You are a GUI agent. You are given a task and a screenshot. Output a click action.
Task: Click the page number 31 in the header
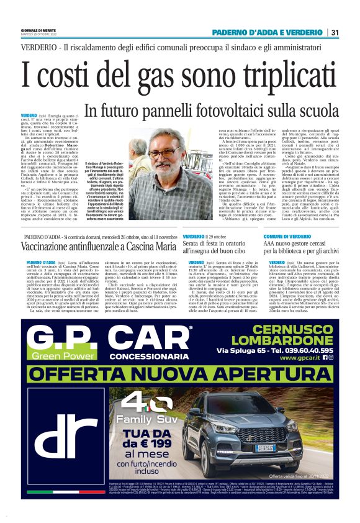click(x=335, y=32)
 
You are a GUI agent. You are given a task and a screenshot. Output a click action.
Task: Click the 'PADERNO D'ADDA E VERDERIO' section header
click(x=268, y=32)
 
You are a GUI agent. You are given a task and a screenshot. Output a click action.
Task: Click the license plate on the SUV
click(x=265, y=447)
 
